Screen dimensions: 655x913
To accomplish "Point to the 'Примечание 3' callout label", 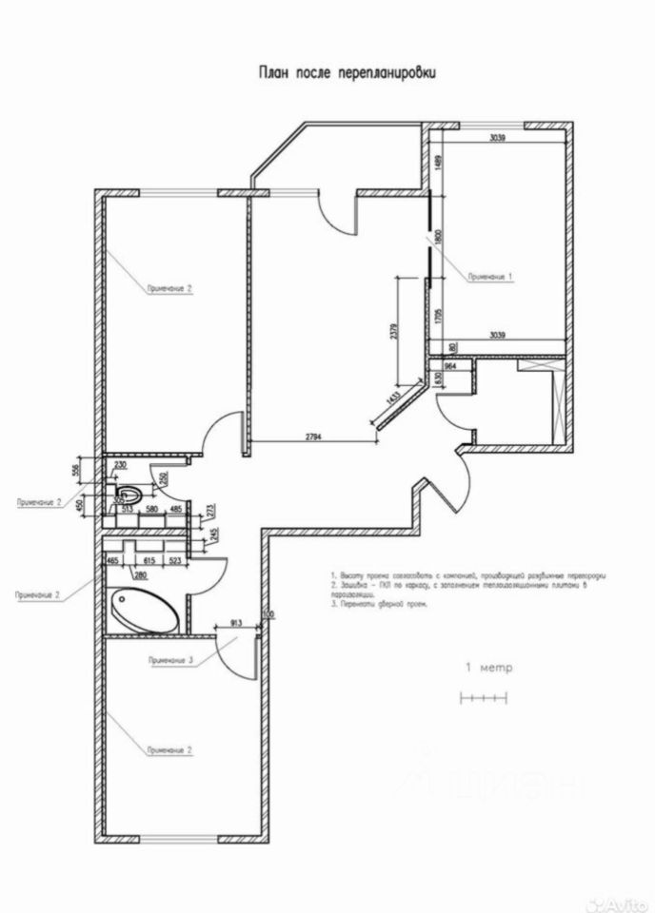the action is [x=171, y=660].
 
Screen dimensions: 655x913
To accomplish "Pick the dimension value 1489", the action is [x=438, y=163].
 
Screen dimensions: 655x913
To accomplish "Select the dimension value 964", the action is [x=450, y=364].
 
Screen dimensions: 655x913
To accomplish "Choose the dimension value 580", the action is [x=150, y=510].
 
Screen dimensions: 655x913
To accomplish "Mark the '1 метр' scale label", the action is [x=487, y=668].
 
